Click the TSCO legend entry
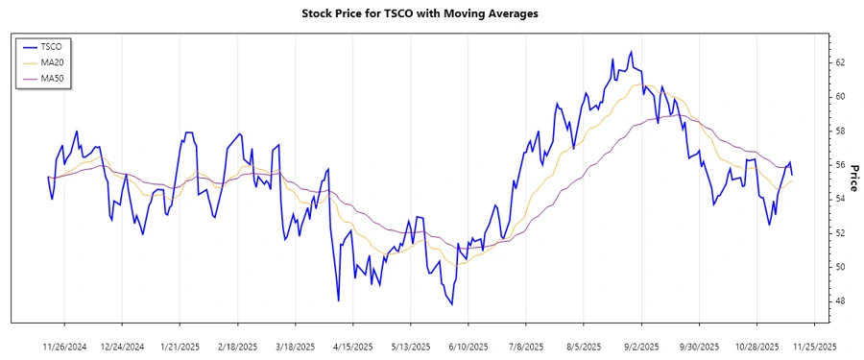click(51, 46)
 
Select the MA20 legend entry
click(52, 62)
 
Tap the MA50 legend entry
click(52, 79)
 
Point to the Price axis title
click(852, 178)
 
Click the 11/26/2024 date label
click(65, 346)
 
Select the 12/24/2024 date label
click(122, 346)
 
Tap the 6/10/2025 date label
click(468, 346)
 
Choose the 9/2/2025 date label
click(640, 346)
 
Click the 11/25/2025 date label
click(813, 346)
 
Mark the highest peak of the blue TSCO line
click(631, 52)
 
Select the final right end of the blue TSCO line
click(792, 175)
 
